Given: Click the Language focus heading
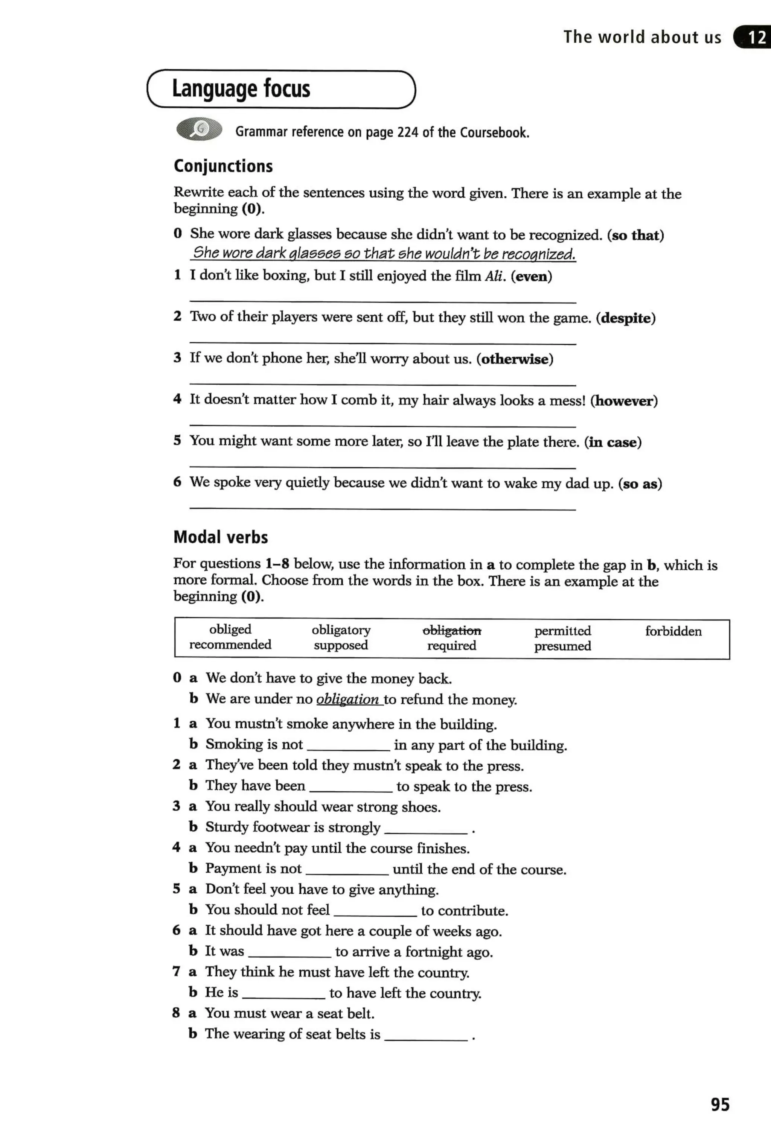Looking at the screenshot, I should click(x=241, y=89).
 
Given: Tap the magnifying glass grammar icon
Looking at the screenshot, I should click(x=199, y=129).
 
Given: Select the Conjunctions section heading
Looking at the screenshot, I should click(x=223, y=166).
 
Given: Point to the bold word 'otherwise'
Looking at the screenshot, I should click(x=515, y=359).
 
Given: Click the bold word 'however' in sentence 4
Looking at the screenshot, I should click(x=624, y=401).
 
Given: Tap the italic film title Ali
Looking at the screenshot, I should click(x=493, y=276).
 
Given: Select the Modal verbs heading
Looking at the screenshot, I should click(x=220, y=537).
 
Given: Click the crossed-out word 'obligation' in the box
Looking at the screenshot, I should click(x=452, y=631).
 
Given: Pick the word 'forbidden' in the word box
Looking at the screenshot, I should click(x=673, y=631).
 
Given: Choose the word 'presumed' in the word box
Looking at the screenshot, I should click(x=562, y=646).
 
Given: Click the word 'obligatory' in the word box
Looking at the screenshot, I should click(x=341, y=630).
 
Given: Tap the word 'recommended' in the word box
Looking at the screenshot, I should click(x=230, y=645).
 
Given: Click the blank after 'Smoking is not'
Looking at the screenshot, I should click(x=348, y=746).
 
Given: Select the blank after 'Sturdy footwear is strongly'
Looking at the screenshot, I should click(x=426, y=829).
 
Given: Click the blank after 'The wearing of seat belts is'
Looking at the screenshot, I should click(x=426, y=1036).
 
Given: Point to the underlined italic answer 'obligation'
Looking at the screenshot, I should click(x=347, y=700).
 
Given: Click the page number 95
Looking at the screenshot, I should click(x=720, y=1104).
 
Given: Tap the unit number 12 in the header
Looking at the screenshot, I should click(x=756, y=37).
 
